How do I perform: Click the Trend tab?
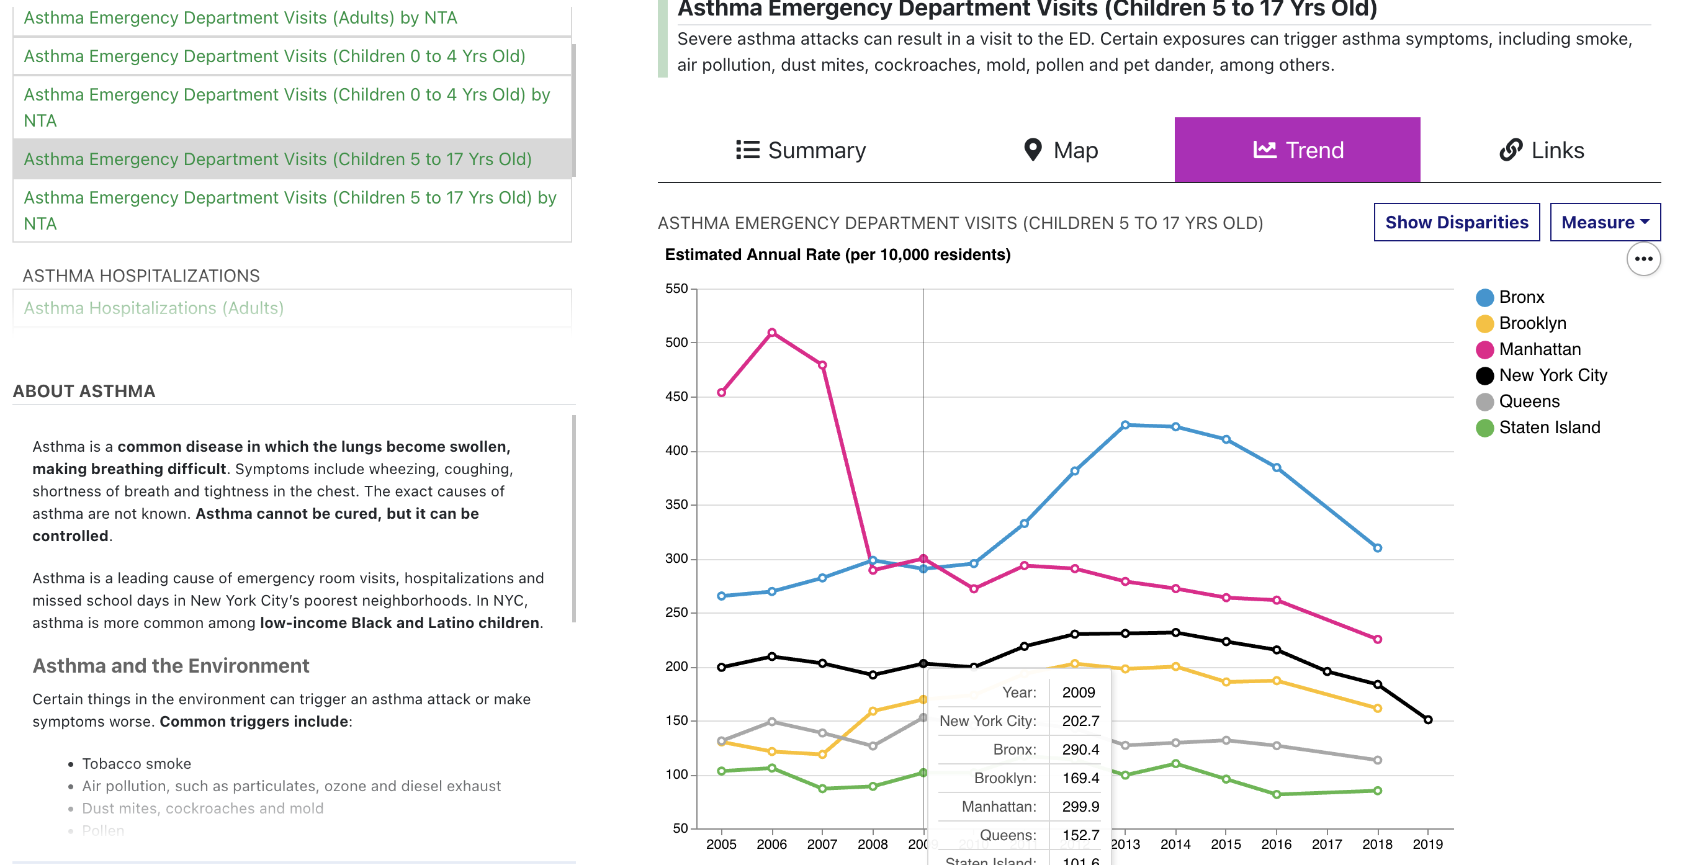(x=1296, y=151)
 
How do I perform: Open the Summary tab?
(x=801, y=151)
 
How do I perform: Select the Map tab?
(x=1061, y=151)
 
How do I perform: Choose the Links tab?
(x=1541, y=151)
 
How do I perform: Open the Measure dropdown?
(x=1604, y=222)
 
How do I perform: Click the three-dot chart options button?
(x=1643, y=259)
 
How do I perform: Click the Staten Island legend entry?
(x=1548, y=428)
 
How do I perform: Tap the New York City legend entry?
(x=1552, y=375)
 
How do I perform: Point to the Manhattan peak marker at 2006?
(x=771, y=333)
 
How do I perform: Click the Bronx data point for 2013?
(x=1125, y=425)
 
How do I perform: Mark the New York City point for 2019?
(x=1427, y=720)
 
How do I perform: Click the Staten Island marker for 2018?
(x=1378, y=791)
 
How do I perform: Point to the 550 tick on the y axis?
(x=676, y=289)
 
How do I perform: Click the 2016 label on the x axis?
(x=1277, y=845)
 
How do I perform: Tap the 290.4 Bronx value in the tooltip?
(x=1080, y=750)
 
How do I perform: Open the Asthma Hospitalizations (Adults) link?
(x=154, y=308)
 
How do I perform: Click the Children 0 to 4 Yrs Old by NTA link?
(x=287, y=107)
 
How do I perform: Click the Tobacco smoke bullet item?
(x=136, y=764)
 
